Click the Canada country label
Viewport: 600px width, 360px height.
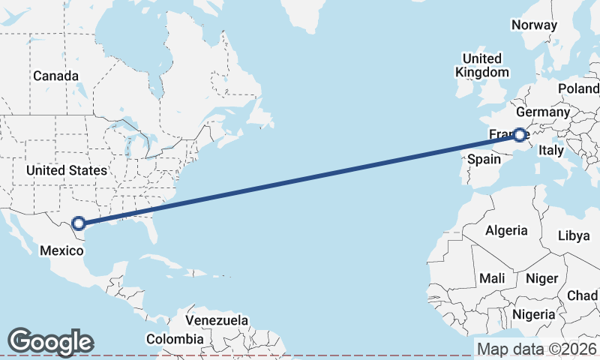(x=55, y=76)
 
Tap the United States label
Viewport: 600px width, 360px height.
(x=66, y=170)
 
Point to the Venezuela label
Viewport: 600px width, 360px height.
(x=217, y=320)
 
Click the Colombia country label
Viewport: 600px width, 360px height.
(x=175, y=339)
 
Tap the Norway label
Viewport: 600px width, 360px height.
(x=534, y=25)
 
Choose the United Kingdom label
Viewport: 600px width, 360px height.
(x=482, y=65)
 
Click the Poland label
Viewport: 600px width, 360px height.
(x=578, y=88)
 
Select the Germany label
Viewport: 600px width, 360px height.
(x=543, y=112)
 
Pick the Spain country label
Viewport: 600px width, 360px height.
(x=484, y=159)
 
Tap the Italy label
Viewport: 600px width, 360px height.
(x=551, y=150)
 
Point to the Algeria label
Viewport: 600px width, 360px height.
(x=506, y=230)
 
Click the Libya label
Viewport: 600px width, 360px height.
(x=574, y=235)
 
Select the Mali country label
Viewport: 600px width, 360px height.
(x=492, y=278)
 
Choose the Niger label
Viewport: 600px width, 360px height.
(x=542, y=278)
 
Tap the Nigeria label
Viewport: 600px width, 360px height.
(x=535, y=313)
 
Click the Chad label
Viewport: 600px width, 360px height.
(x=583, y=295)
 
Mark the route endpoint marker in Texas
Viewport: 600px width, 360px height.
(x=79, y=223)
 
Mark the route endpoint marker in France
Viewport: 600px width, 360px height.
(x=520, y=135)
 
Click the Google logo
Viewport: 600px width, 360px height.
(x=50, y=341)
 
